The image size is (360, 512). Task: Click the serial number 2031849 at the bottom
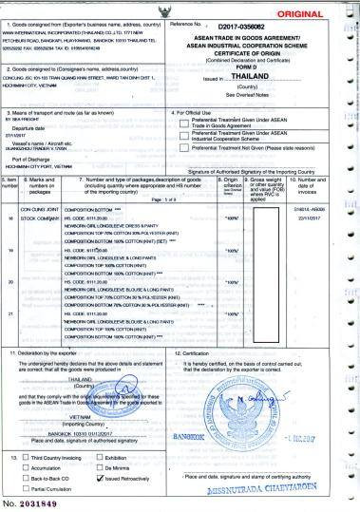(38, 501)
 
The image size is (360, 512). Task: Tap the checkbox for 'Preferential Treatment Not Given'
(185, 148)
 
